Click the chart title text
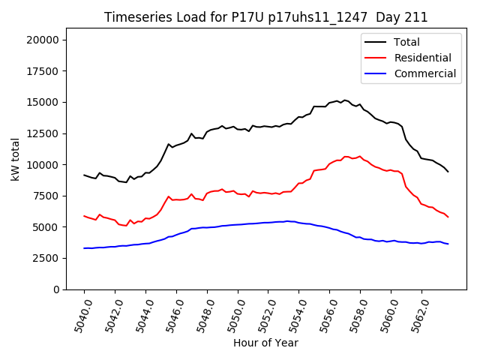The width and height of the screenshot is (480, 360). point(265,17)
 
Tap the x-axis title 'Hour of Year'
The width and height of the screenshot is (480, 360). point(265,343)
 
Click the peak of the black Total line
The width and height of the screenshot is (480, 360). point(344,100)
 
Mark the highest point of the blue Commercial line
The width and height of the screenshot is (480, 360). point(287,221)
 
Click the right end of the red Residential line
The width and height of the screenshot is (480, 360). point(448,217)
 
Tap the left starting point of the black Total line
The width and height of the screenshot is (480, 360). point(84,175)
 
